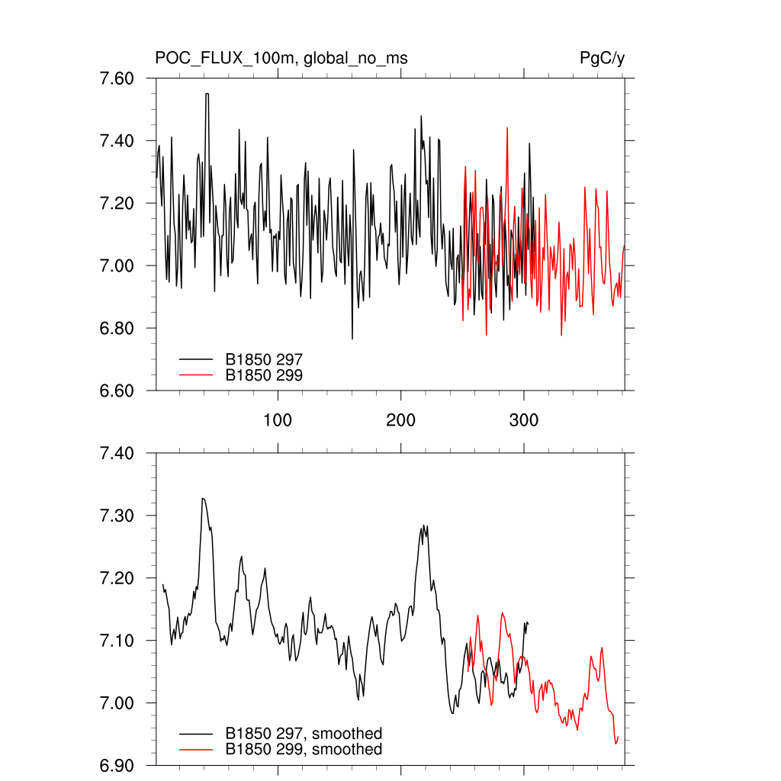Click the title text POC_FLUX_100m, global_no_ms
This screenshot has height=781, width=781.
pyautogui.click(x=275, y=58)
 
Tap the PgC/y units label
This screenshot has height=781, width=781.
pyautogui.click(x=603, y=58)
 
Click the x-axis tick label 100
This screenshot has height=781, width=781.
pyautogui.click(x=278, y=421)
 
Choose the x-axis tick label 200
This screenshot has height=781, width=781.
pyautogui.click(x=401, y=421)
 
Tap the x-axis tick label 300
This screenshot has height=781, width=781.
pyautogui.click(x=524, y=421)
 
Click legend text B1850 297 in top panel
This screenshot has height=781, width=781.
pyautogui.click(x=264, y=358)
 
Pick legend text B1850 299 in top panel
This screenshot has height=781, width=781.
pyautogui.click(x=264, y=374)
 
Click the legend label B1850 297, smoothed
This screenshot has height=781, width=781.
pyautogui.click(x=304, y=734)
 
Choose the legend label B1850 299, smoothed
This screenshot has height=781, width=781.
pyautogui.click(x=304, y=750)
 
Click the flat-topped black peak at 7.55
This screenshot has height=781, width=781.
pyautogui.click(x=207, y=94)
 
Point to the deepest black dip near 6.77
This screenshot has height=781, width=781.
pyautogui.click(x=352, y=338)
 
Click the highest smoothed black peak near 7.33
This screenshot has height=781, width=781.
pyautogui.click(x=203, y=499)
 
